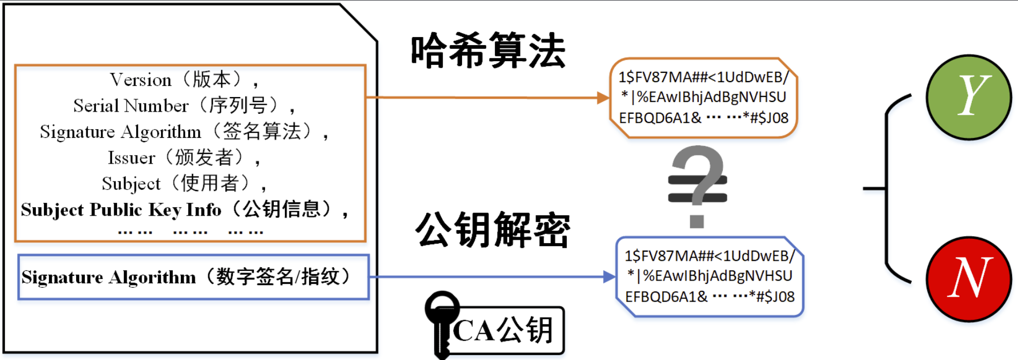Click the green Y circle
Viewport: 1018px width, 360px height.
pyautogui.click(x=969, y=97)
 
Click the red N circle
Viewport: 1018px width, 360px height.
pyautogui.click(x=969, y=278)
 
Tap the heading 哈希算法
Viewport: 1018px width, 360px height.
pyautogui.click(x=488, y=51)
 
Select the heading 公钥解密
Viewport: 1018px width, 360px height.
pyautogui.click(x=492, y=230)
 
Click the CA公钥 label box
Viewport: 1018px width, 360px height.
pyautogui.click(x=504, y=330)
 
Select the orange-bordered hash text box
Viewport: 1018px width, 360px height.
pyautogui.click(x=703, y=98)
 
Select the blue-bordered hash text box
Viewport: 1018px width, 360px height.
pyautogui.click(x=709, y=276)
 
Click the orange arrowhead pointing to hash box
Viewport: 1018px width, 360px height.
pyautogui.click(x=603, y=98)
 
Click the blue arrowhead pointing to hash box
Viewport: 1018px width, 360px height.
pyautogui.click(x=609, y=277)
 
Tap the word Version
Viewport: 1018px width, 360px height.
pyautogui.click(x=141, y=80)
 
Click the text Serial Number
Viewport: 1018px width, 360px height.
pyautogui.click(x=131, y=106)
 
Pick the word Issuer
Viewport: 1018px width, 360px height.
pyautogui.click(x=131, y=158)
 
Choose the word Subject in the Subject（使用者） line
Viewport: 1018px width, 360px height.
pyautogui.click(x=131, y=184)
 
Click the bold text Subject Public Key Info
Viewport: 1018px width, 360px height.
pyautogui.click(x=121, y=210)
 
